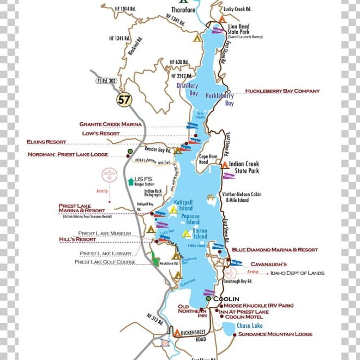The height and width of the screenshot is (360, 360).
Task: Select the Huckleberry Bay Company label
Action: pyautogui.click(x=282, y=91)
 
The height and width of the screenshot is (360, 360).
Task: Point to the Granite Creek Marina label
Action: pyautogui.click(x=110, y=124)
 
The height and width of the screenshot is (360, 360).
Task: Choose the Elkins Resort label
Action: pyautogui.click(x=46, y=142)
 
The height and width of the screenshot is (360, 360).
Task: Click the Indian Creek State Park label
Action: pyautogui.click(x=243, y=167)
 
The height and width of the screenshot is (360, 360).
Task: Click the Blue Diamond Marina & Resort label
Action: pyautogui.click(x=274, y=250)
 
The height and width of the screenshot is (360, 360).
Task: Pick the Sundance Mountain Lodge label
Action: pyautogui.click(x=275, y=334)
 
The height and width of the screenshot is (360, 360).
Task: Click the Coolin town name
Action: pyautogui.click(x=226, y=299)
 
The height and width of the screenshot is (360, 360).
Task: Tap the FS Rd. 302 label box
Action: pyautogui.click(x=107, y=81)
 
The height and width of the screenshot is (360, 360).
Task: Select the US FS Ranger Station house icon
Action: pyautogui.click(x=130, y=181)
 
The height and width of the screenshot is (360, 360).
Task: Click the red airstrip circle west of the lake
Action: pyautogui.click(x=110, y=176)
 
